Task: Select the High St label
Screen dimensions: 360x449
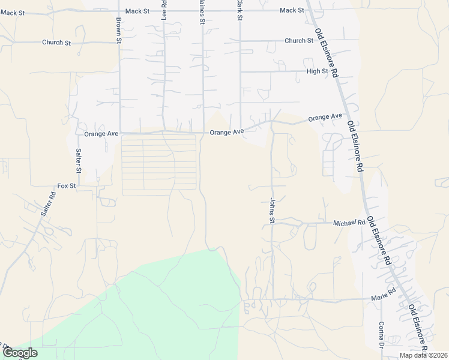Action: click(x=317, y=71)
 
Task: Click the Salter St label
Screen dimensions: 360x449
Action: click(x=78, y=158)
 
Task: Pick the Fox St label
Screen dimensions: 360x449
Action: click(x=66, y=186)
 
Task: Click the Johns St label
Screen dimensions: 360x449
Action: click(x=271, y=211)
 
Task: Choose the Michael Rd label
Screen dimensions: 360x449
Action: click(x=349, y=223)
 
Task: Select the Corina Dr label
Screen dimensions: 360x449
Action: click(x=381, y=336)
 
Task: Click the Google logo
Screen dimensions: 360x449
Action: click(x=19, y=353)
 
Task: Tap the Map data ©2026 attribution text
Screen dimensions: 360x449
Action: click(x=423, y=355)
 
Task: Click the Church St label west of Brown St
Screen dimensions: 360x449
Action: click(x=56, y=43)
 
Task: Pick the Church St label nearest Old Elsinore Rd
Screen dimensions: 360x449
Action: click(x=299, y=41)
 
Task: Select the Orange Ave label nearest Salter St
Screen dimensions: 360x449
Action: click(x=101, y=133)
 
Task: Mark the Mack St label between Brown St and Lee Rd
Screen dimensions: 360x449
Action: click(x=137, y=11)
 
